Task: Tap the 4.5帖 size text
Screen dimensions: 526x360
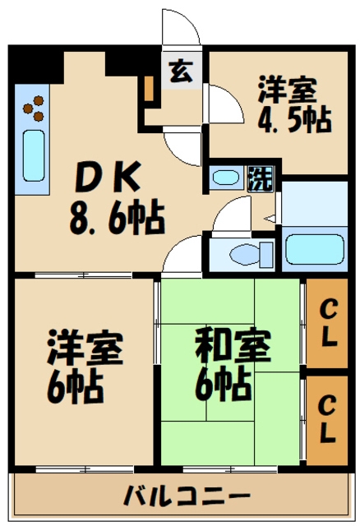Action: click(x=293, y=120)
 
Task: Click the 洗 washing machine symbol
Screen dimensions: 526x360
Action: click(x=259, y=178)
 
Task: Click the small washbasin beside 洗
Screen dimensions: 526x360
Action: click(x=224, y=178)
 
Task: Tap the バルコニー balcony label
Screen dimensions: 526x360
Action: click(x=187, y=496)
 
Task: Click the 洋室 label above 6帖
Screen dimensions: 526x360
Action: click(x=84, y=348)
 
